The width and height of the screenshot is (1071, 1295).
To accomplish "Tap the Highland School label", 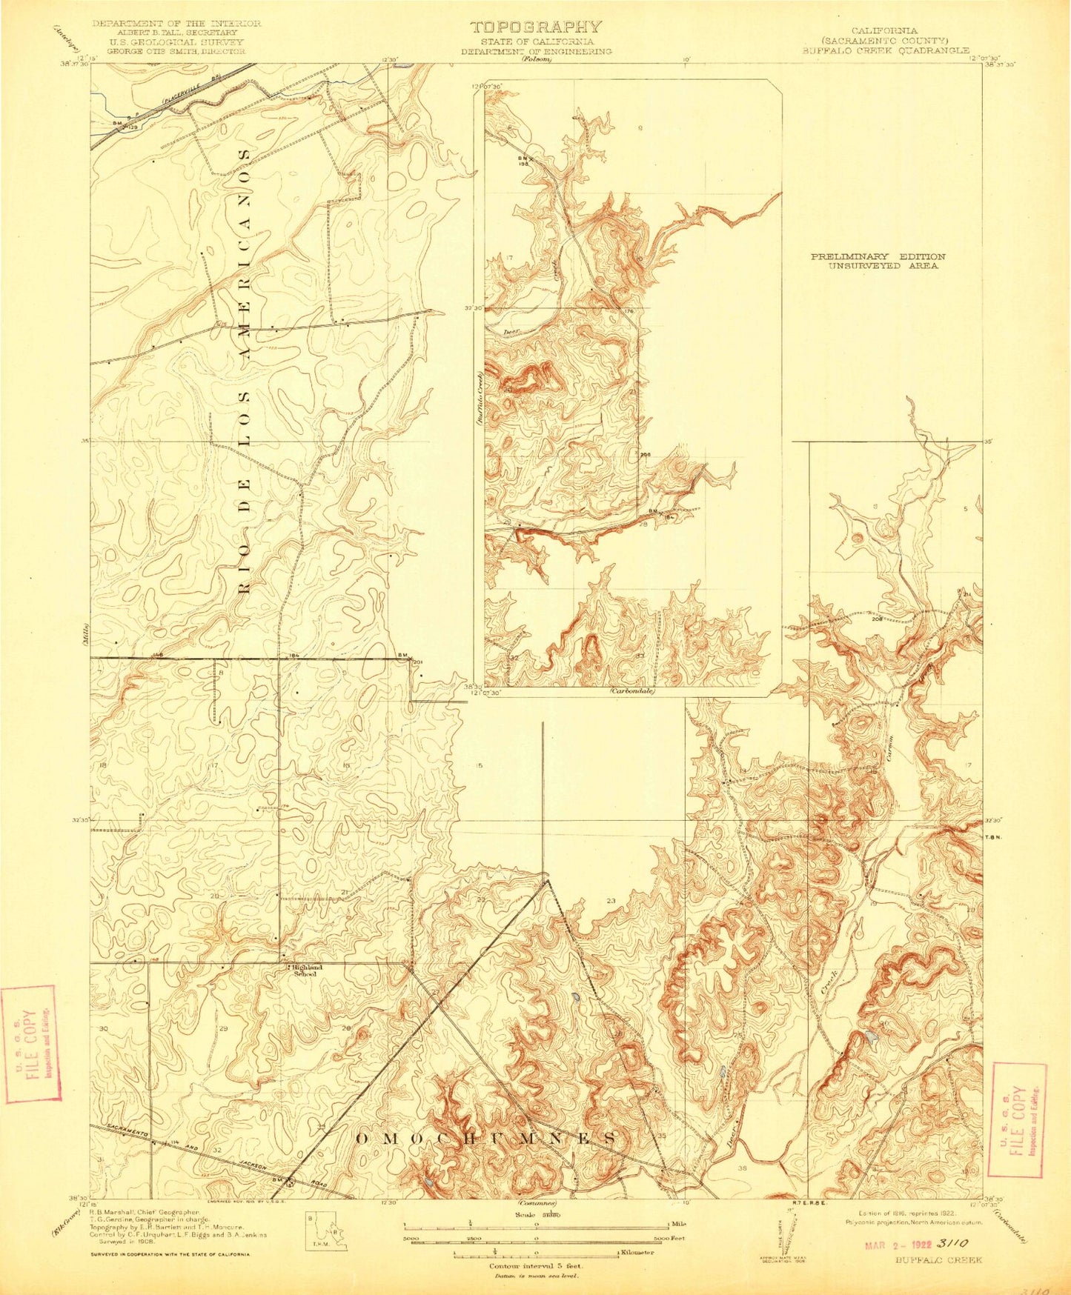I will click(305, 971).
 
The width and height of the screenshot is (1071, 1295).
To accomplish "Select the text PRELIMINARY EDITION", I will click(878, 256).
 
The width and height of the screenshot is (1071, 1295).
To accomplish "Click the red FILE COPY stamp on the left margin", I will click(30, 1044).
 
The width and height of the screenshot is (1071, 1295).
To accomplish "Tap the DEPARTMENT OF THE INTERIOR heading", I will click(176, 24).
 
